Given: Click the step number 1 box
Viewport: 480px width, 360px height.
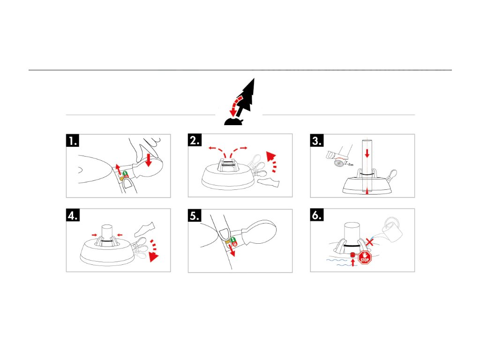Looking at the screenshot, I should (72, 141).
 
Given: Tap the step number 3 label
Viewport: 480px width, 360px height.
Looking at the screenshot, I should (317, 141).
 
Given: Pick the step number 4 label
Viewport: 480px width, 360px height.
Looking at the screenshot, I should (72, 215).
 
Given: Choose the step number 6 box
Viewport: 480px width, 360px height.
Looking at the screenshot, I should (317, 215).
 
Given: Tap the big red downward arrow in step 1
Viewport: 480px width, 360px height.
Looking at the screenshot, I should (150, 161).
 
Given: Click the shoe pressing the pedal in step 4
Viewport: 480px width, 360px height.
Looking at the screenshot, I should (144, 229).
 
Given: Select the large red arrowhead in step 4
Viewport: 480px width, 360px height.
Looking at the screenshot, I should (152, 256).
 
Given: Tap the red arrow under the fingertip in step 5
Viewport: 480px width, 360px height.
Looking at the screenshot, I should (232, 253).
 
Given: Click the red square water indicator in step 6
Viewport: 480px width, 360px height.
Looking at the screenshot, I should (352, 254).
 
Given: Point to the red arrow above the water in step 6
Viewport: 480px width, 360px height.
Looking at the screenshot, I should (352, 262).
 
